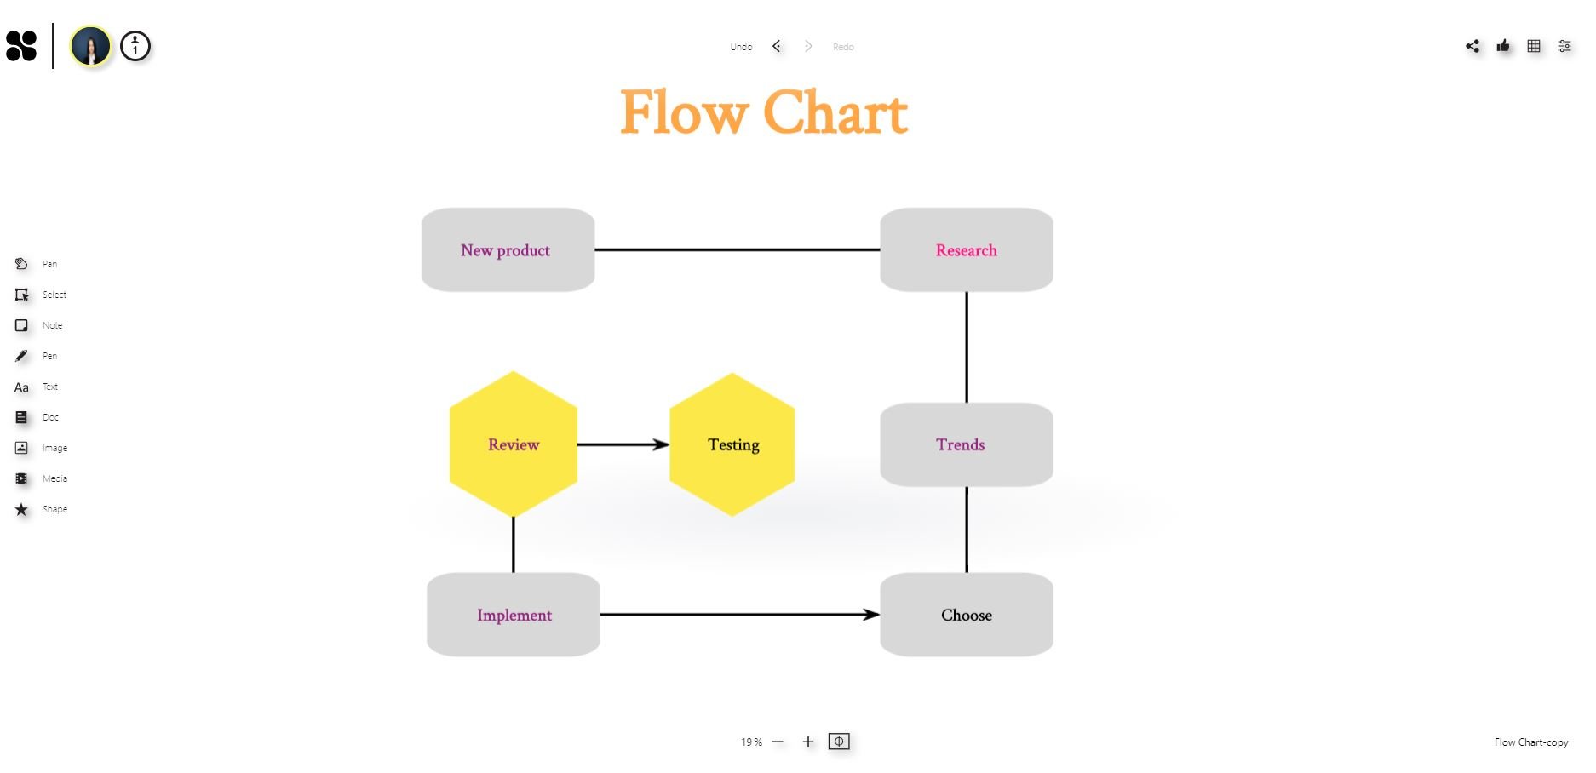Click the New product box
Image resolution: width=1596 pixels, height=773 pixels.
click(x=508, y=250)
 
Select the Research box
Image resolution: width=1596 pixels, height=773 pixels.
click(x=966, y=250)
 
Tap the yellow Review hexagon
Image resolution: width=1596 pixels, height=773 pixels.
click(x=513, y=444)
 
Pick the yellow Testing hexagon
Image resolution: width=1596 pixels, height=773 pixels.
click(x=732, y=444)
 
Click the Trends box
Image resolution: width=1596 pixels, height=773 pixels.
click(x=966, y=444)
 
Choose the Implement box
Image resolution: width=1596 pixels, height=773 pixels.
click(x=513, y=615)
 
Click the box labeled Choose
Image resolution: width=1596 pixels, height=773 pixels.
click(x=966, y=615)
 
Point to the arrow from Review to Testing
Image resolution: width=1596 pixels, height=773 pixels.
click(x=623, y=444)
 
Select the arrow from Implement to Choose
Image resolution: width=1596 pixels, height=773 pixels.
click(x=739, y=615)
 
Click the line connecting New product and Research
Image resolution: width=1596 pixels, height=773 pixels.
click(x=737, y=250)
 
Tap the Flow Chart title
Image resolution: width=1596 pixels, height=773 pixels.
click(x=764, y=112)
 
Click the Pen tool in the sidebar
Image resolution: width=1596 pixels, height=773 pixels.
click(x=21, y=356)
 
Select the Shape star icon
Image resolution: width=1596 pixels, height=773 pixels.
click(x=21, y=509)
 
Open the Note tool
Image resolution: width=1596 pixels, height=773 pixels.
click(x=21, y=325)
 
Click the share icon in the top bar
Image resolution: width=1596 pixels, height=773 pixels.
click(x=1473, y=46)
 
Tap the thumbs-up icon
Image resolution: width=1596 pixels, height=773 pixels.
click(x=1503, y=46)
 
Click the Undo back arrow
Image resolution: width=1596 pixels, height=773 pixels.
click(x=777, y=46)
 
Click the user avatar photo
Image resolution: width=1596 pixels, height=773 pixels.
click(x=90, y=46)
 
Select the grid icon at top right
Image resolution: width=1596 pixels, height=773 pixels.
click(x=1534, y=46)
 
